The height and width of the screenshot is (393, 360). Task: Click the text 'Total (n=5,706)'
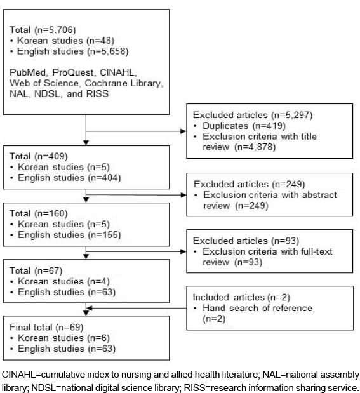click(x=43, y=30)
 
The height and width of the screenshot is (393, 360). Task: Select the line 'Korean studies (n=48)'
click(x=65, y=41)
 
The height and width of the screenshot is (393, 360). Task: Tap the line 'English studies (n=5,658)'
click(x=73, y=51)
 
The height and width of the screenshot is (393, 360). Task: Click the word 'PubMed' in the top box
click(x=27, y=72)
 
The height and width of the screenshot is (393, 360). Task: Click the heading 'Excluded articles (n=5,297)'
click(x=253, y=116)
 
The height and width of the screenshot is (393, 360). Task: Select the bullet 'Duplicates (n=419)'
click(x=244, y=126)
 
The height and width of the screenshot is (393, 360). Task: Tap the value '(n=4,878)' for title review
click(x=255, y=147)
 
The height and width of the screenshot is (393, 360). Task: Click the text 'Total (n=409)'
click(x=39, y=156)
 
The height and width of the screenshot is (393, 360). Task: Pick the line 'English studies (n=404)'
click(x=69, y=178)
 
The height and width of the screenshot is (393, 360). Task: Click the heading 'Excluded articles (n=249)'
click(x=250, y=185)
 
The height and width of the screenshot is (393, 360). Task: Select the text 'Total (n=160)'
click(x=39, y=213)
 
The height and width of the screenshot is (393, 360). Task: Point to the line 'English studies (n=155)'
click(x=69, y=235)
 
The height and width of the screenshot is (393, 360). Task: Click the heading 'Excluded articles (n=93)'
click(x=246, y=241)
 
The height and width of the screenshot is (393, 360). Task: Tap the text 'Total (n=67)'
click(x=36, y=271)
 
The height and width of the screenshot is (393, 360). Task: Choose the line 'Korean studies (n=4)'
click(x=63, y=282)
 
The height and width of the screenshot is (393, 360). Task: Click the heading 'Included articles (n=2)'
click(x=241, y=298)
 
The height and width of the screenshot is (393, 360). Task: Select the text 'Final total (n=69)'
click(x=46, y=328)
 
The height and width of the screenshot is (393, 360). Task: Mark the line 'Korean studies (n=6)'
click(x=63, y=338)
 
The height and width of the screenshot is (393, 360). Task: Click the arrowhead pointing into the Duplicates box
click(x=183, y=131)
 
